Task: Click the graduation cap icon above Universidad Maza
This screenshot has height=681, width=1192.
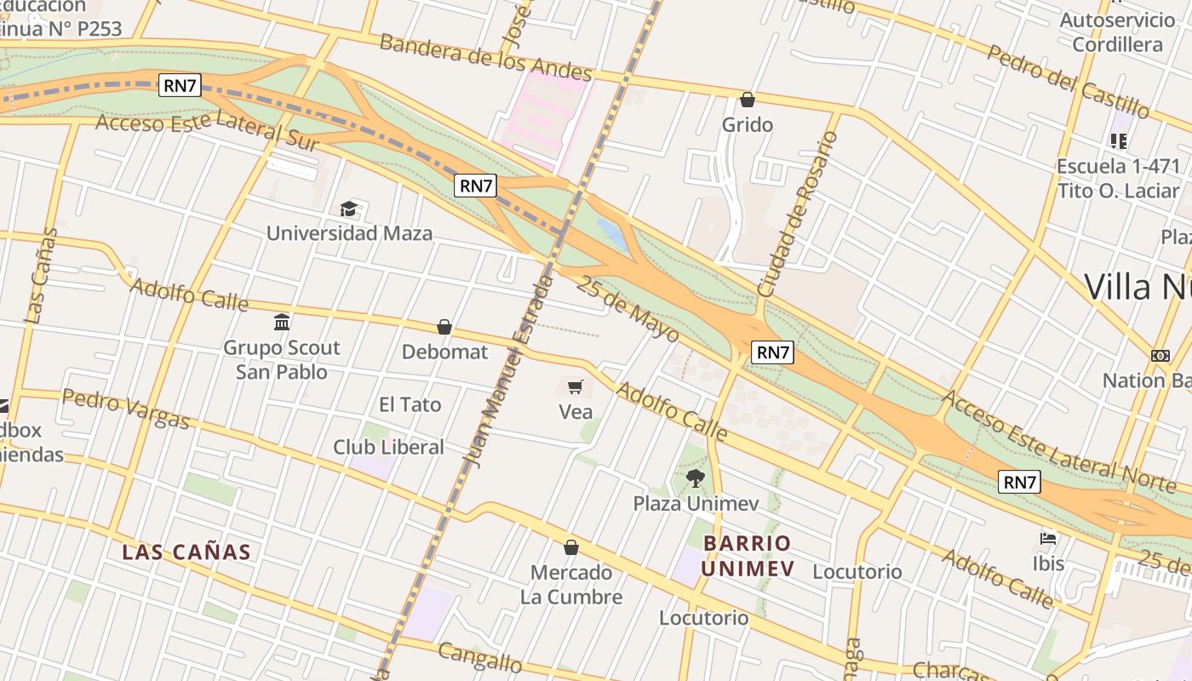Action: click(x=348, y=209)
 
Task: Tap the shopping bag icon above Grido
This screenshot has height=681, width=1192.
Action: click(x=748, y=100)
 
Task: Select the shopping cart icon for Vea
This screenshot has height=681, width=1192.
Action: click(x=575, y=387)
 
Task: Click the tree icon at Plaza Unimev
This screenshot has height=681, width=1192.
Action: click(x=696, y=478)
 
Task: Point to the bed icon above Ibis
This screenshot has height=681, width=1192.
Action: click(x=1048, y=539)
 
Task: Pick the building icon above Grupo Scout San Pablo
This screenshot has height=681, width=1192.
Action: click(x=282, y=322)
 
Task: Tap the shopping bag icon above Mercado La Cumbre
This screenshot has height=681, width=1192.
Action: click(x=571, y=547)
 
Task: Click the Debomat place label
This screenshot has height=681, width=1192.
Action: click(x=444, y=352)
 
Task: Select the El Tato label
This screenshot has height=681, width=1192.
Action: click(x=410, y=404)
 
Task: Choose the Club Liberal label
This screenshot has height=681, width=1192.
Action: click(x=388, y=447)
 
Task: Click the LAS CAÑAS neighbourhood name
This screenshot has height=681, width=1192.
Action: click(x=186, y=552)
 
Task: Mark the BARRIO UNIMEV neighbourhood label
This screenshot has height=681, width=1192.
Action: click(x=748, y=556)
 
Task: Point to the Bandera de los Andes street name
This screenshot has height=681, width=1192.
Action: click(x=485, y=56)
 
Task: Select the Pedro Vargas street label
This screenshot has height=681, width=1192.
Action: click(x=125, y=409)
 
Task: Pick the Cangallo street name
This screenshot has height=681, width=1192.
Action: click(x=479, y=656)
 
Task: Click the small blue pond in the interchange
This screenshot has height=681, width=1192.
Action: click(x=614, y=233)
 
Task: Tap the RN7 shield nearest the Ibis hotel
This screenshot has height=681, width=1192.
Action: click(x=1019, y=483)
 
